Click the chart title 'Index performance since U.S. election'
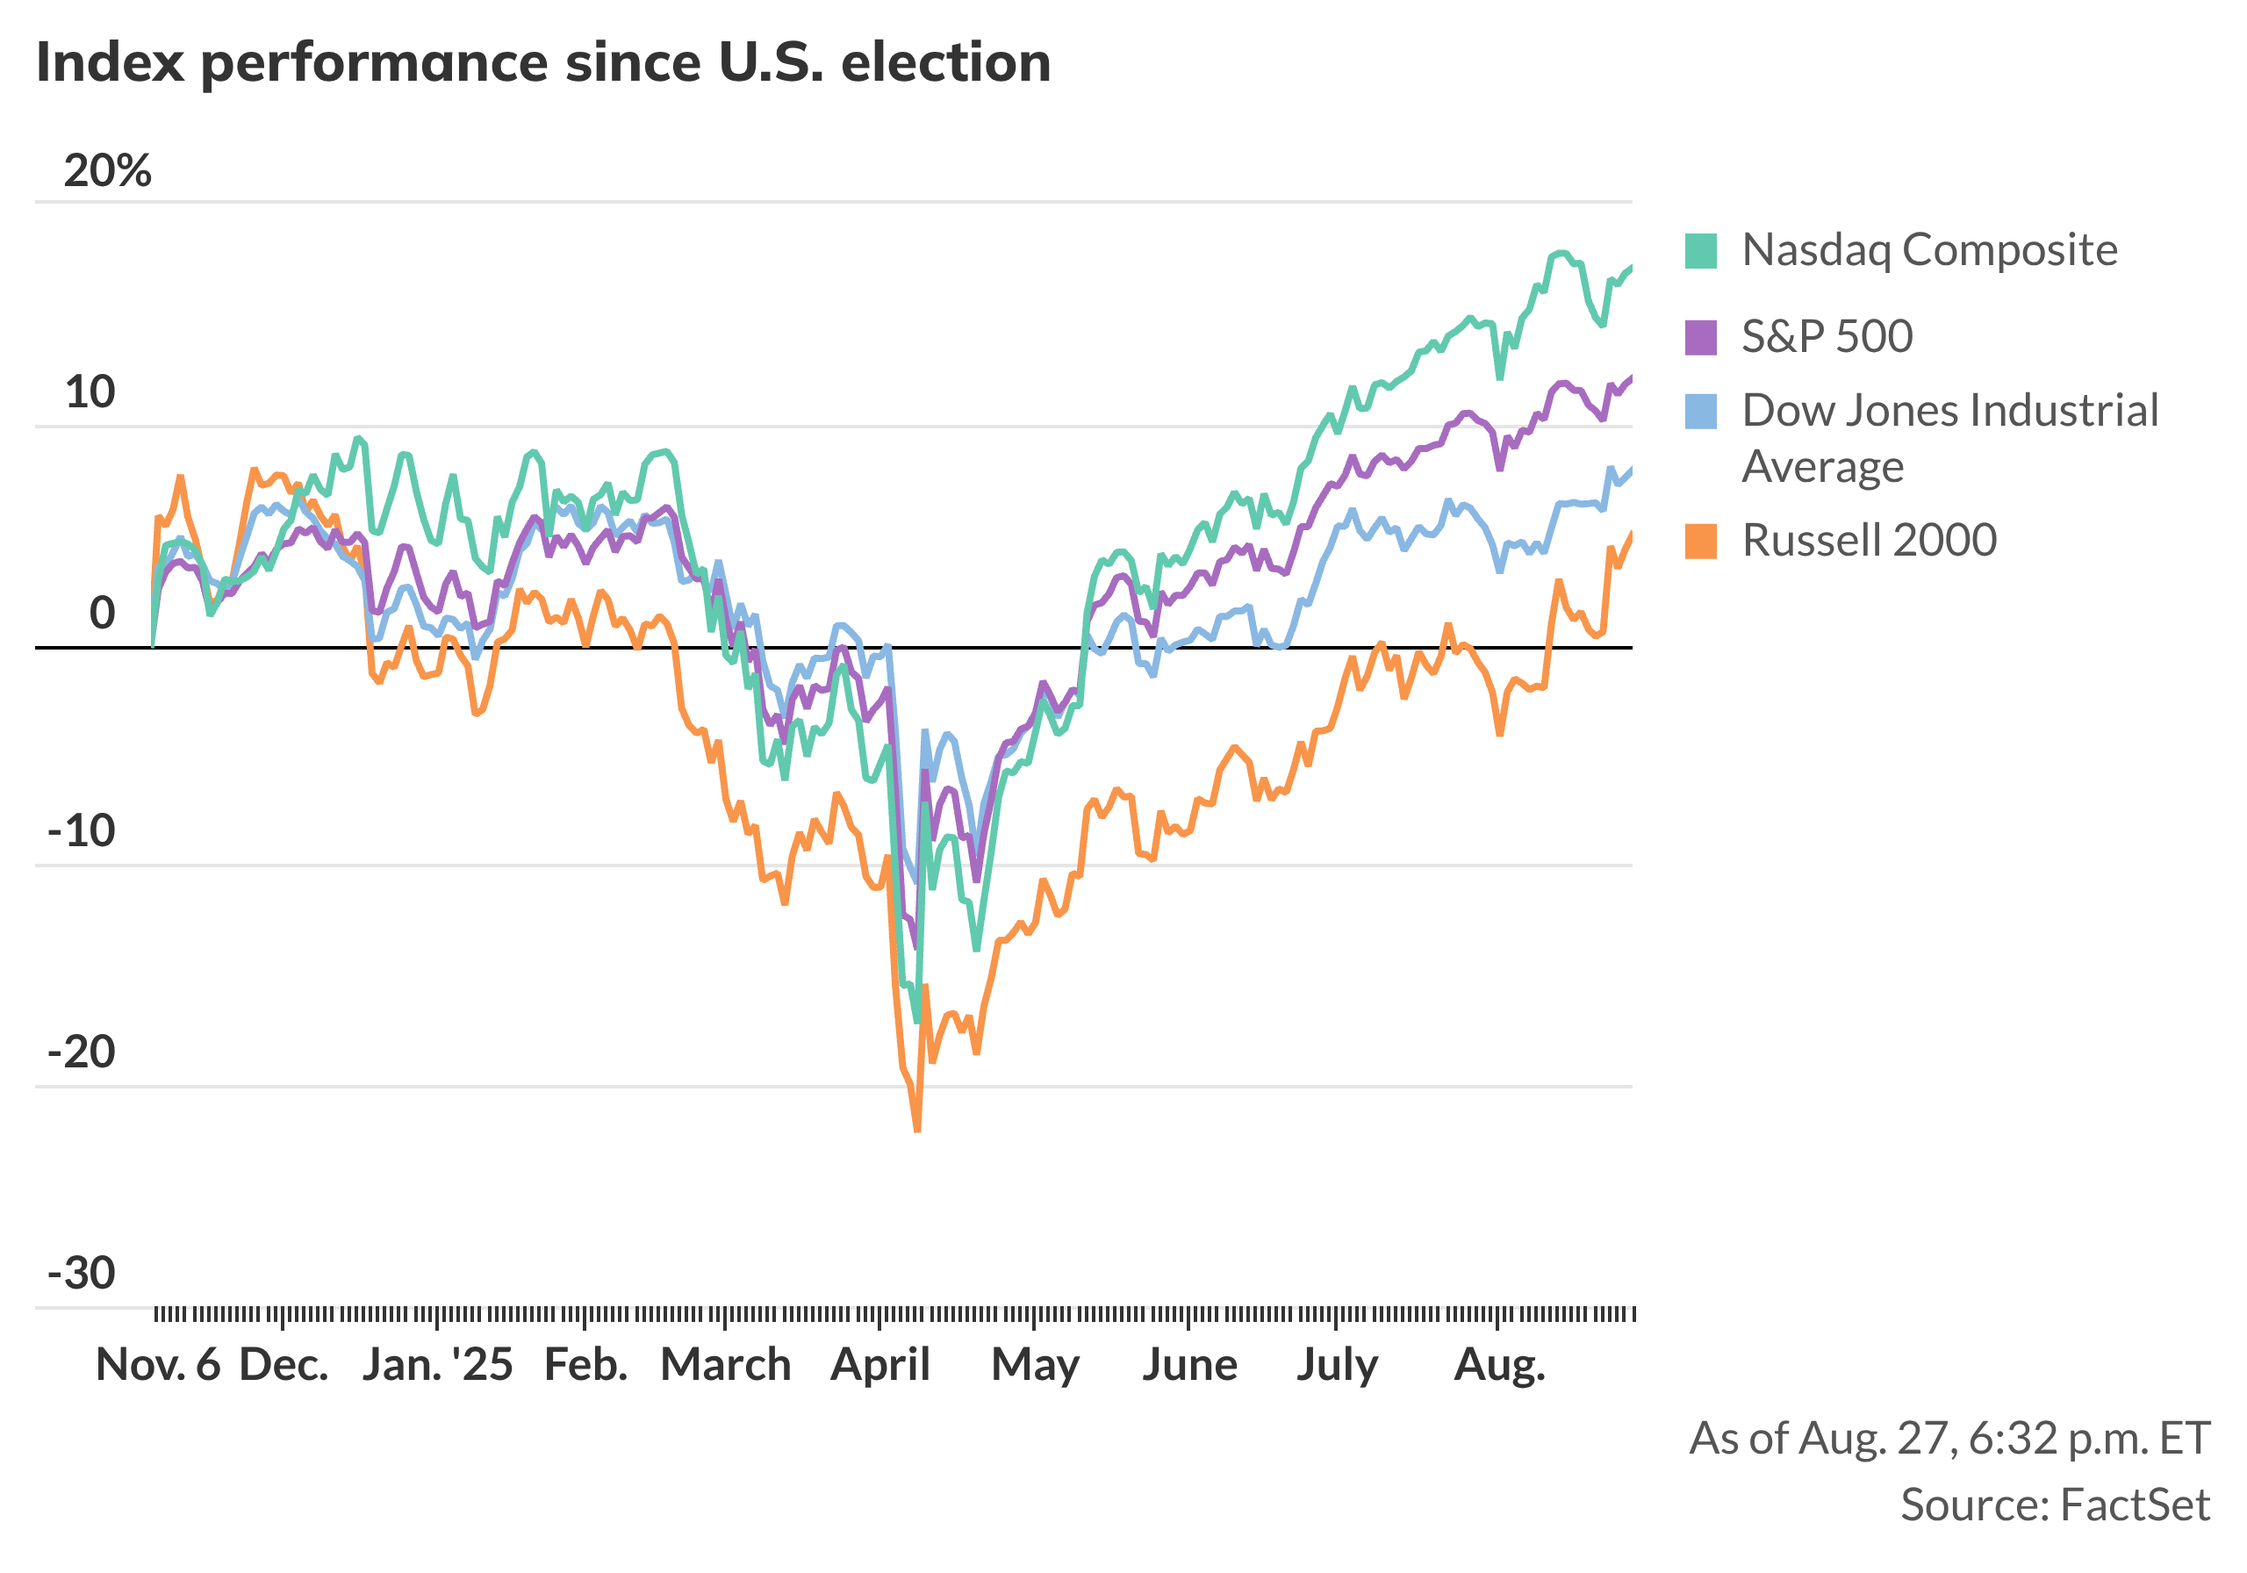tap(543, 62)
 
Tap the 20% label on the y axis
tap(108, 171)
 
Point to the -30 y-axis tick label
tap(82, 1274)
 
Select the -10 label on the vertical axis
tap(82, 831)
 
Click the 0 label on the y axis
tap(102, 613)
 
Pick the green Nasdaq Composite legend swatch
tap(1701, 250)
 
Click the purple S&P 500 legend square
tap(1701, 337)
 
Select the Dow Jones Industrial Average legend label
tap(1949, 437)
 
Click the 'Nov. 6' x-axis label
tap(158, 1364)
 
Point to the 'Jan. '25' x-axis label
tap(437, 1364)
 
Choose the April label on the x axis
tap(879, 1364)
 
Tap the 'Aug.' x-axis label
tap(1499, 1364)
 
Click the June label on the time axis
tap(1189, 1364)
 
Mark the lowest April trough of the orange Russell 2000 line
tap(917, 1131)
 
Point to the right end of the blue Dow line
tap(1631, 470)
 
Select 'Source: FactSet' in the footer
tap(2054, 1505)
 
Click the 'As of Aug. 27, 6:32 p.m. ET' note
tap(1949, 1438)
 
